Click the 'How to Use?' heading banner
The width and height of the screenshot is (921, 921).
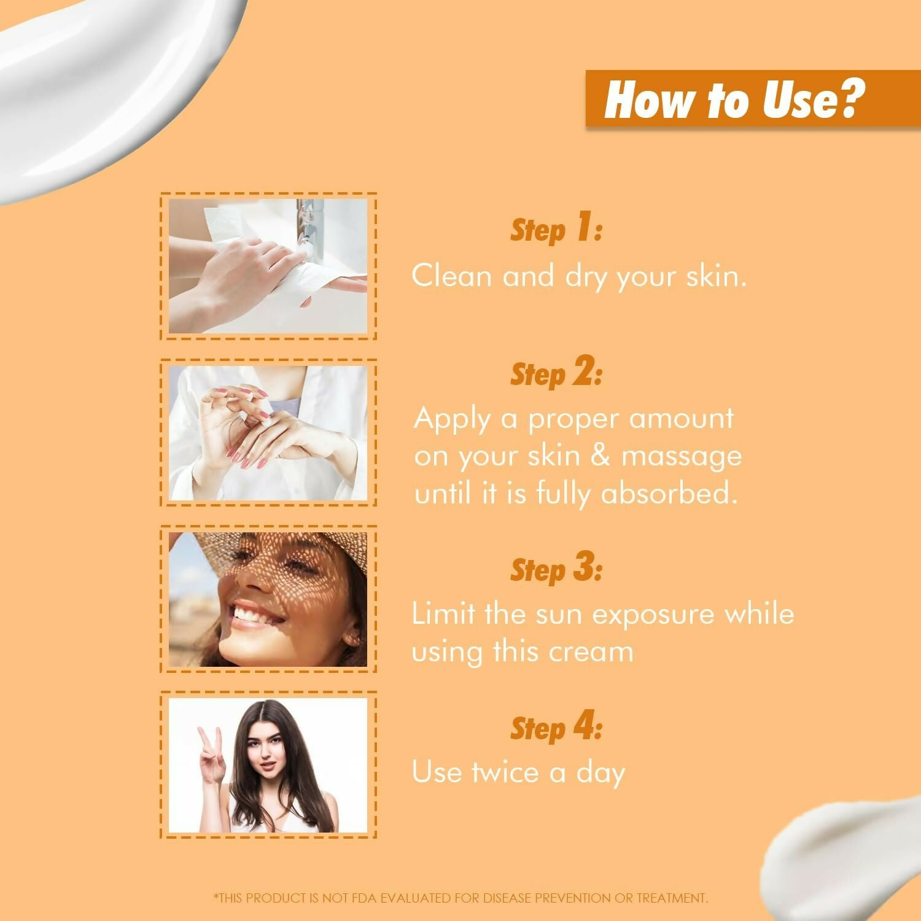tap(735, 99)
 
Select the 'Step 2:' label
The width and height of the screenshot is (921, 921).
tap(556, 373)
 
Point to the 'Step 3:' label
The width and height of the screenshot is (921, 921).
tap(556, 569)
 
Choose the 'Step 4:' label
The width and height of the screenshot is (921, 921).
tap(556, 728)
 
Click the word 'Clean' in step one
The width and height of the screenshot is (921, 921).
tap(452, 276)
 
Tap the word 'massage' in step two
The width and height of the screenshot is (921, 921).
tap(681, 456)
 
